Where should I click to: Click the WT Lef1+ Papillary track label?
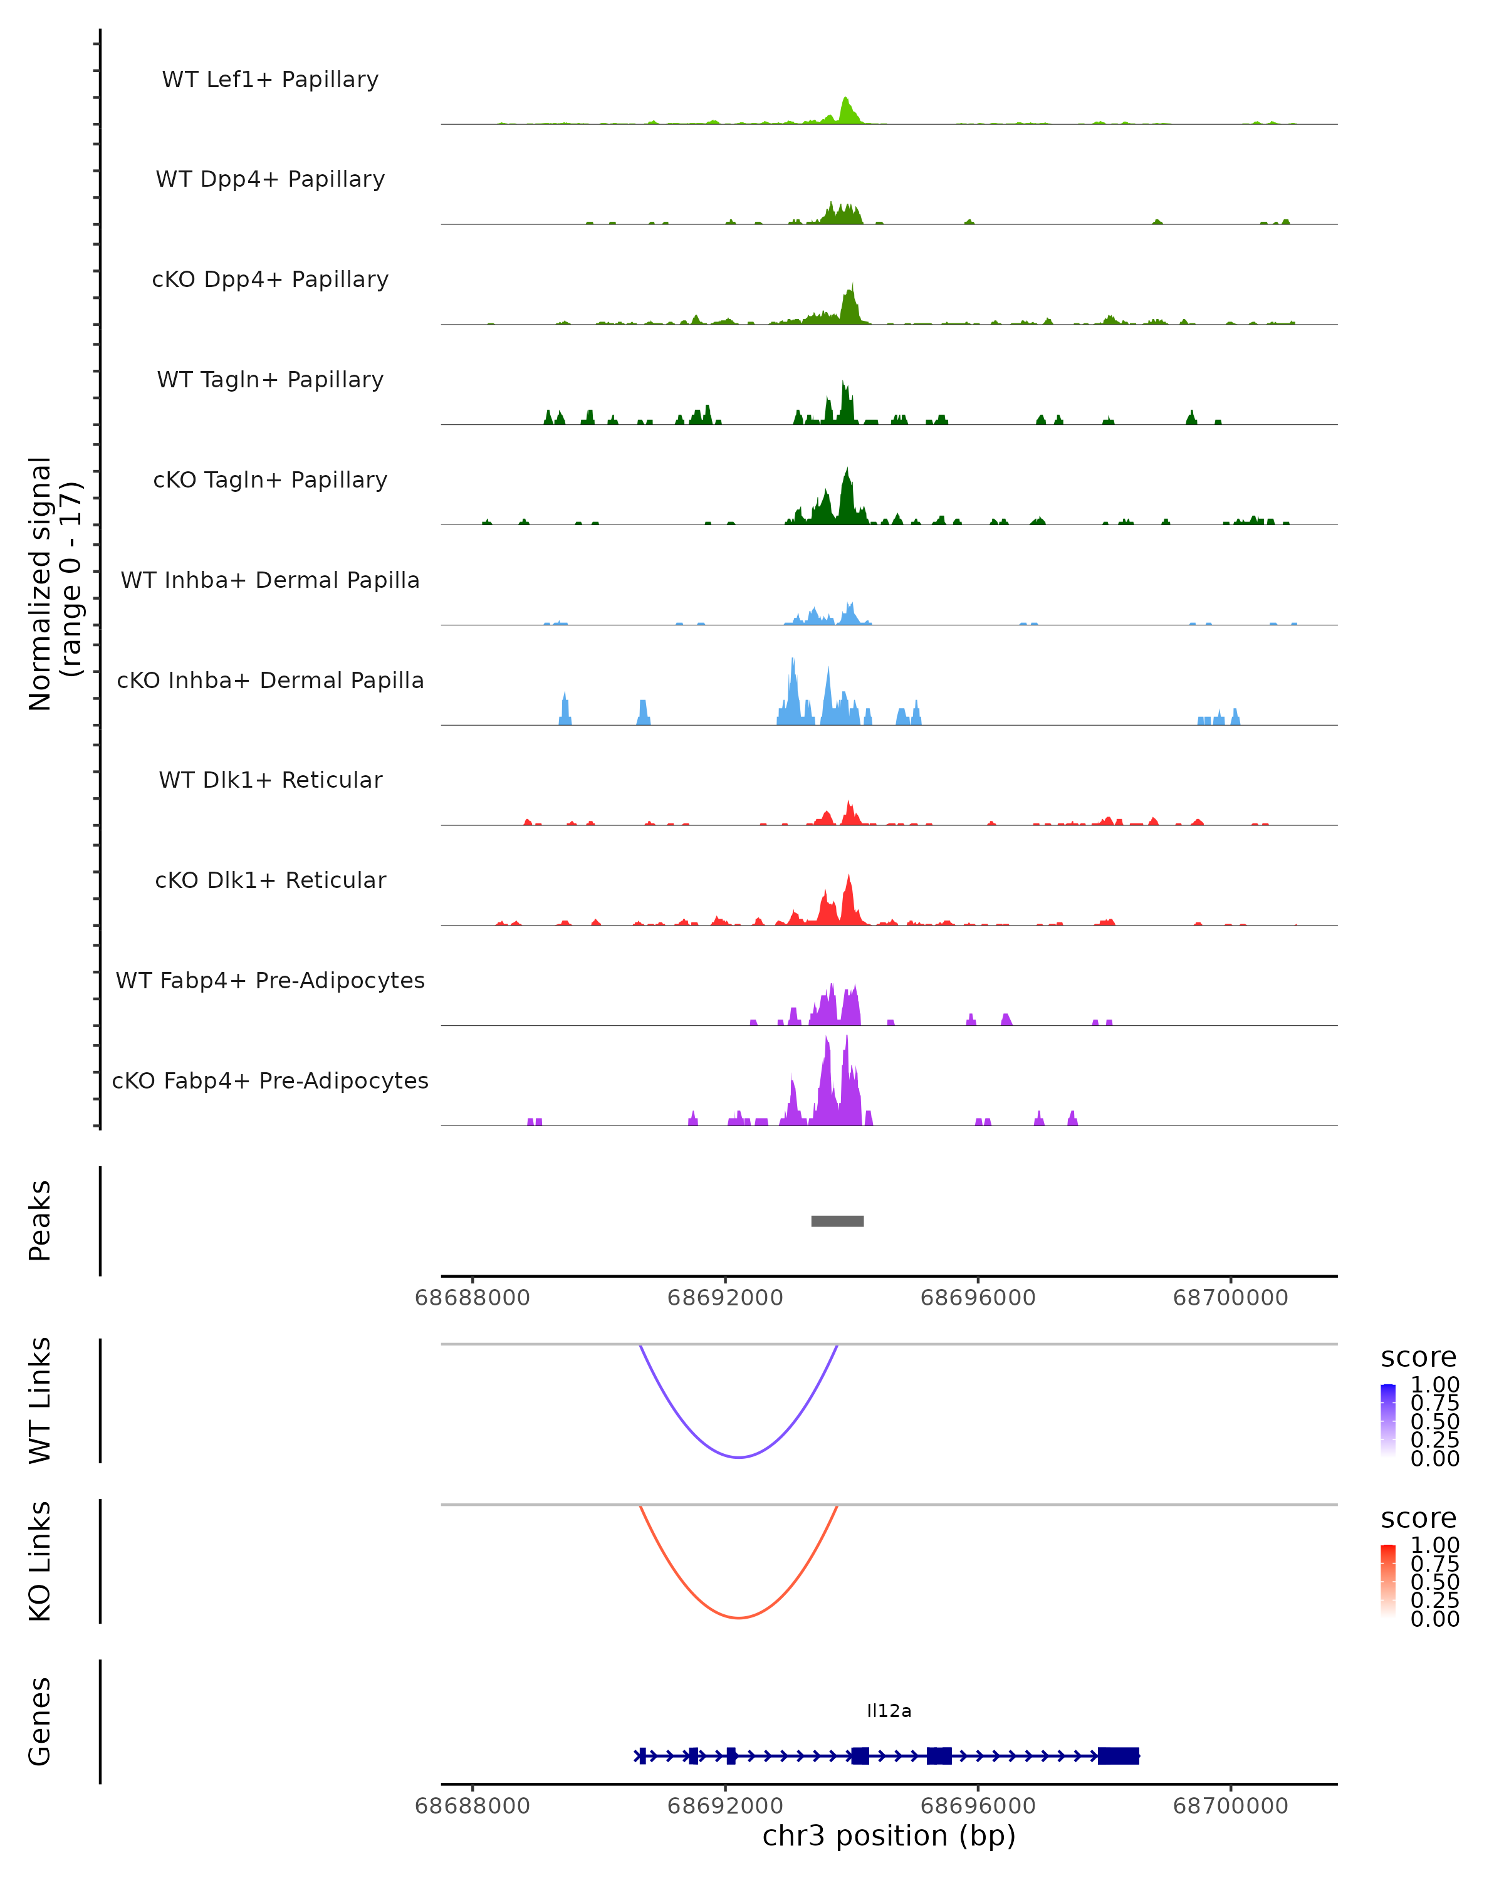270,80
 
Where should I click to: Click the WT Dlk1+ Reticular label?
270,780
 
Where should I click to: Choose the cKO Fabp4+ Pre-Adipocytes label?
270,1080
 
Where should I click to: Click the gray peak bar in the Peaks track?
837,1221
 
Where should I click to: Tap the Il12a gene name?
889,1711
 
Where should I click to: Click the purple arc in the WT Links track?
738,1457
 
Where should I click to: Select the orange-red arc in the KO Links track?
738,1617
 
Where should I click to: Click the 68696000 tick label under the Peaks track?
978,1298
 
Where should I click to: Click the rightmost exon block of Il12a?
1118,1755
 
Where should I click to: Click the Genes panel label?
40,1721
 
